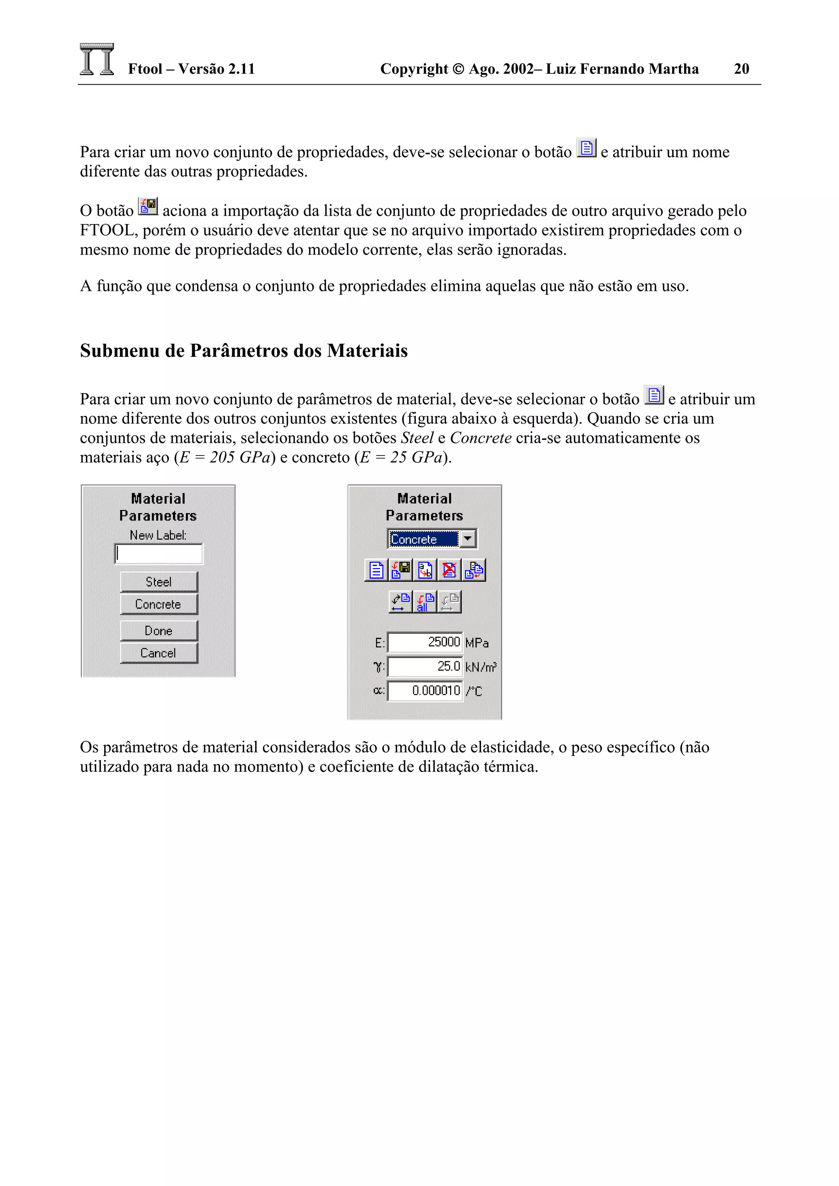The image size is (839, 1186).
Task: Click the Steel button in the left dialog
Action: [159, 582]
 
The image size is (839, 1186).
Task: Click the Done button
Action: [159, 631]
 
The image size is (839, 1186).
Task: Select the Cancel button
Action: [159, 653]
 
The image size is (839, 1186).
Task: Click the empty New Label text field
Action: [159, 554]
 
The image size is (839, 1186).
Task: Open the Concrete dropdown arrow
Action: [468, 539]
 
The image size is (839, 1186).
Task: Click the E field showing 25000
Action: [425, 643]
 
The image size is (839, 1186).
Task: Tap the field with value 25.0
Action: [425, 667]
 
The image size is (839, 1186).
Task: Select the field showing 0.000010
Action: [425, 691]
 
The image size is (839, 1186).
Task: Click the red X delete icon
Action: [449, 570]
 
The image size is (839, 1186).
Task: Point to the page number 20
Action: [741, 69]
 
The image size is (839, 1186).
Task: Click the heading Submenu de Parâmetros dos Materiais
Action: [243, 351]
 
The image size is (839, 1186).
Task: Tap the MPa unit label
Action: [476, 643]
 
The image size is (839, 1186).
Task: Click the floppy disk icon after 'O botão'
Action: [148, 207]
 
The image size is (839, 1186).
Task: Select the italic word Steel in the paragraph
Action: [417, 438]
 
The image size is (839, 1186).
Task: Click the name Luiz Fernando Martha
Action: [622, 69]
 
